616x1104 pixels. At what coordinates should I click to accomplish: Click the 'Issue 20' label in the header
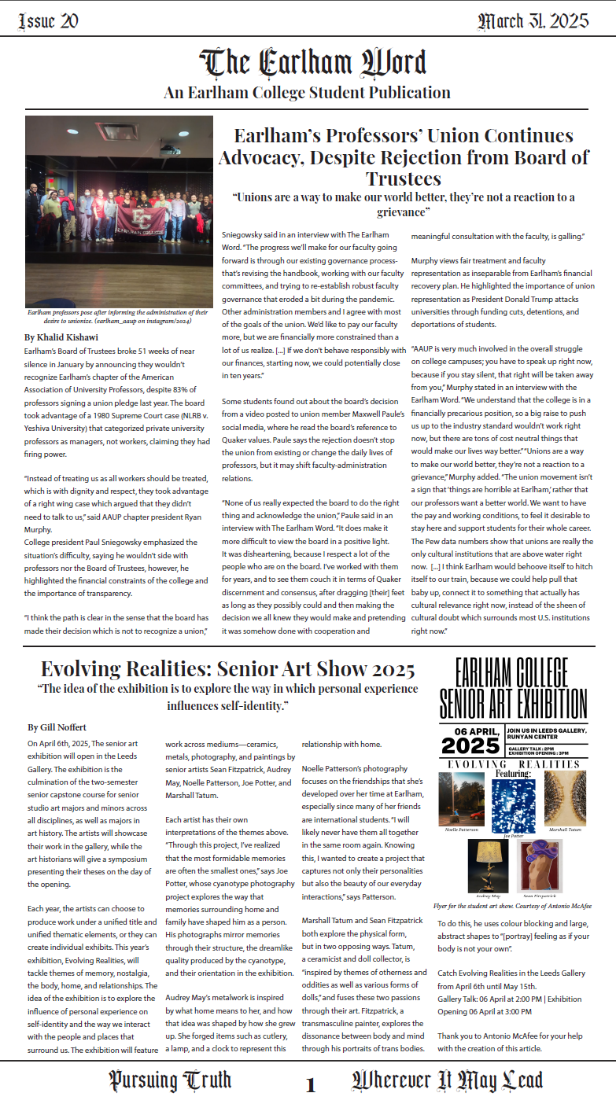click(x=48, y=21)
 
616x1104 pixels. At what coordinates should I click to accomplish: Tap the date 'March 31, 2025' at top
click(x=533, y=21)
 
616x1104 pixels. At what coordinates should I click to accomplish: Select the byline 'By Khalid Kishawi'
click(x=61, y=337)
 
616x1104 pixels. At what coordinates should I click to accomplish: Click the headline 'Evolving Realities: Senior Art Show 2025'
click(x=227, y=669)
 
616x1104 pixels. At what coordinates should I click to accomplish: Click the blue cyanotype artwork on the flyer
click(x=513, y=800)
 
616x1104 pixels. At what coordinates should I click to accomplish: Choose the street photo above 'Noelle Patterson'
click(x=462, y=799)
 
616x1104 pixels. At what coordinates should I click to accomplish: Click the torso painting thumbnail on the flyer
click(x=540, y=865)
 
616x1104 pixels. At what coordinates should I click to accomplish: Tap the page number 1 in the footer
click(x=311, y=1086)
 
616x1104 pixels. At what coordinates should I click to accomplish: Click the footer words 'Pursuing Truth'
click(x=170, y=1080)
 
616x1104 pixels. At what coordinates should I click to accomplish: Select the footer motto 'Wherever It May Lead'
click(x=447, y=1080)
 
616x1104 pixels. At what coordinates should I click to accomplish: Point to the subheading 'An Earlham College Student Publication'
click(x=308, y=93)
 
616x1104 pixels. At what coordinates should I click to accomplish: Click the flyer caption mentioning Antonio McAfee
click(x=512, y=906)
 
